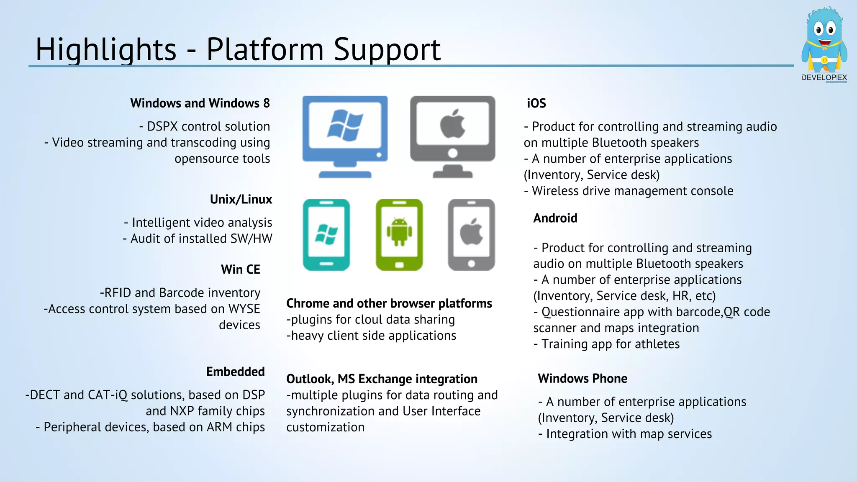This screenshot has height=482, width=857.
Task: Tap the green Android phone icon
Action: (x=399, y=235)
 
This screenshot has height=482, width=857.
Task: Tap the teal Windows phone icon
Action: (x=326, y=235)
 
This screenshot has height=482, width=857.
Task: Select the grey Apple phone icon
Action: (x=471, y=235)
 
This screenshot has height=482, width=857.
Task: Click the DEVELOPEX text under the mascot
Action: (x=824, y=78)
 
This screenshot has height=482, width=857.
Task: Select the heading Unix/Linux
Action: (x=241, y=200)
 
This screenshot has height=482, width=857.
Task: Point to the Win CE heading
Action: (x=240, y=269)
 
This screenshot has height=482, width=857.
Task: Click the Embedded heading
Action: (x=235, y=372)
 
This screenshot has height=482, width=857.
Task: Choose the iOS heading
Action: (x=536, y=103)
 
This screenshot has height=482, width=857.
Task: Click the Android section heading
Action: (x=555, y=218)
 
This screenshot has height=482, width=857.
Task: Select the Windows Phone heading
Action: (x=582, y=379)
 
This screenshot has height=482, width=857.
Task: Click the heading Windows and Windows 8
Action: (x=200, y=103)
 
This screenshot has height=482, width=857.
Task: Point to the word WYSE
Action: (x=244, y=309)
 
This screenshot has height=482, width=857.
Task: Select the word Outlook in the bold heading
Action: (x=309, y=379)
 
